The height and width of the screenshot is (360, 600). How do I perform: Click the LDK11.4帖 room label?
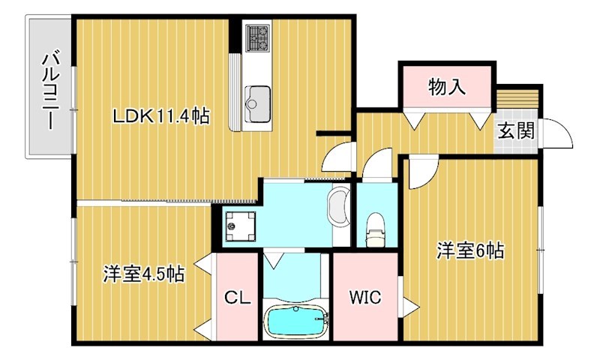coord(160,116)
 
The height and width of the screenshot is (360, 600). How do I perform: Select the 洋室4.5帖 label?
coord(144,274)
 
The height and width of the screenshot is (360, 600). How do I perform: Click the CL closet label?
coord(237,297)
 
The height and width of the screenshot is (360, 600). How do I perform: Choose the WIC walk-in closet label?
coord(364,297)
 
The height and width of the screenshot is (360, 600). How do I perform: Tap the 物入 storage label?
coord(447,87)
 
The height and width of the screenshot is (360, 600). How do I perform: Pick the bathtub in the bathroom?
coord(297,323)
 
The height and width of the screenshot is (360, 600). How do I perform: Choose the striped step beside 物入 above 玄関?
coord(518,98)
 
